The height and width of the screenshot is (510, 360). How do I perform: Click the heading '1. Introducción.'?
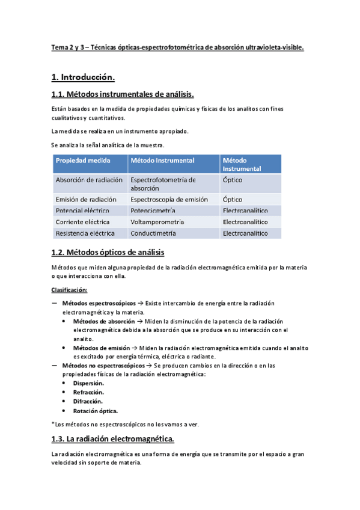pyautogui.click(x=82, y=77)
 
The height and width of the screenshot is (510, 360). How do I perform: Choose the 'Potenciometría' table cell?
pyautogui.click(x=153, y=210)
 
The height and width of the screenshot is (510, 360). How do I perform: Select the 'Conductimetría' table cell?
pyautogui.click(x=153, y=233)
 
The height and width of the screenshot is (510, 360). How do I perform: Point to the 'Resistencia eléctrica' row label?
pyautogui.click(x=87, y=233)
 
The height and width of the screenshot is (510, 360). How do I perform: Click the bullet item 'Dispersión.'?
pyautogui.click(x=88, y=382)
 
